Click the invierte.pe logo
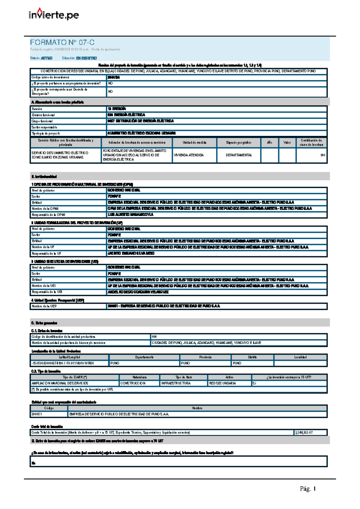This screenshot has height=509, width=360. click(54, 14)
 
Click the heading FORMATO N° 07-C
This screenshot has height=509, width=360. click(62, 43)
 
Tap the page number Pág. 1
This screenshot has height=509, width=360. click(307, 489)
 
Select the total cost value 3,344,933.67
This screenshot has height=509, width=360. click(304, 433)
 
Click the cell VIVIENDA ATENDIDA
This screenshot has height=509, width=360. click(189, 155)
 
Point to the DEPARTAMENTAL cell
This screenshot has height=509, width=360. click(239, 155)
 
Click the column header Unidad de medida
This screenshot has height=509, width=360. click(194, 143)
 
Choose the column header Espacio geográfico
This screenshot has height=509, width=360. click(239, 143)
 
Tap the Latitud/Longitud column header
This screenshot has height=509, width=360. click(69, 357)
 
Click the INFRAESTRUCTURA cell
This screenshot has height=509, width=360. click(176, 383)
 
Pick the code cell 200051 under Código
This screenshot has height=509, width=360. click(37, 414)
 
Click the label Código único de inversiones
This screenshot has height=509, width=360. click(50, 77)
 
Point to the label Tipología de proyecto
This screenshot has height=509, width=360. click(46, 133)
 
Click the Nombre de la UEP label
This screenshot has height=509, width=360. click(44, 306)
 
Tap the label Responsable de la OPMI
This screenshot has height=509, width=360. click(48, 215)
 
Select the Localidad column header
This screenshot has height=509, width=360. click(300, 357)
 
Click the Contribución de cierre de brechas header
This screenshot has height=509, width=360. click(311, 143)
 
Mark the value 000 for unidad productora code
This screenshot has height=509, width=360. click(154, 337)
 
